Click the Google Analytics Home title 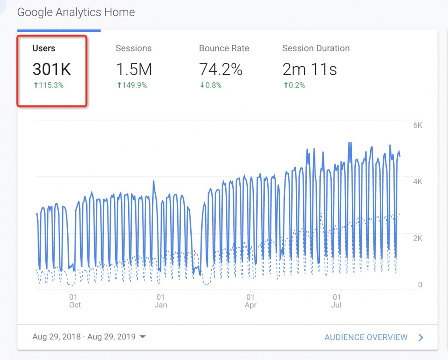[76, 12]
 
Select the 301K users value [52, 69]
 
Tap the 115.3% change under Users [49, 85]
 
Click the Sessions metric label [133, 49]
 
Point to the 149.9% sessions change [132, 85]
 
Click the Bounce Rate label [224, 49]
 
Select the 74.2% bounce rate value [221, 69]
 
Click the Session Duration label [316, 49]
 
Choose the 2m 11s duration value [310, 69]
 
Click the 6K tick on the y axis [417, 125]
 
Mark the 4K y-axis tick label [417, 182]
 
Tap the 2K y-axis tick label [417, 238]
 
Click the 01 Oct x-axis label [74, 301]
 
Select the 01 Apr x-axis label [251, 301]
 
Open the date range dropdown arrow [142, 337]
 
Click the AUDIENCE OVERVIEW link [366, 337]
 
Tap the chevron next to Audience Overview [421, 337]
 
